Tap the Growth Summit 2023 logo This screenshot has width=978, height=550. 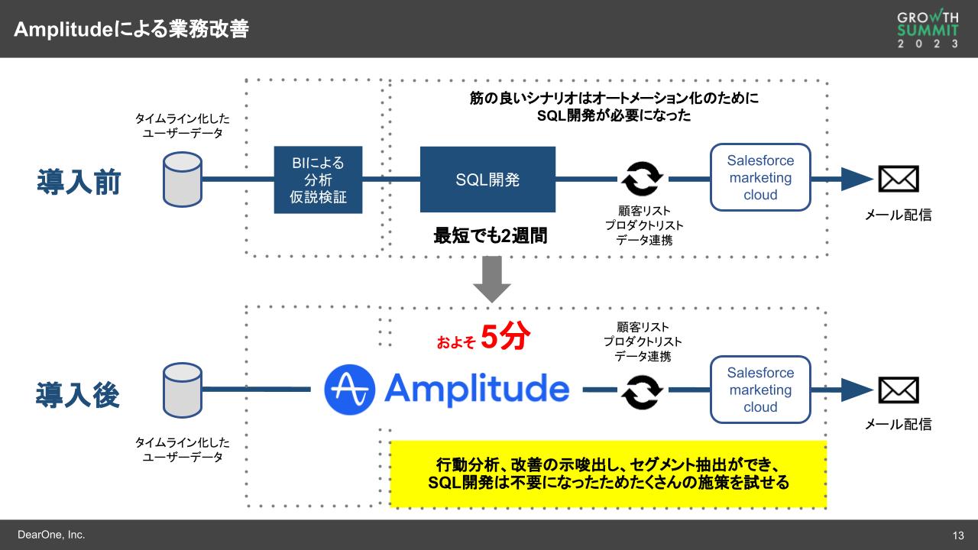pos(928,29)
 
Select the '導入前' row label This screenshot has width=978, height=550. pos(79,183)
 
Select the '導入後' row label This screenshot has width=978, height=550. pos(79,394)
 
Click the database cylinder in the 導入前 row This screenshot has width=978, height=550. pos(183,180)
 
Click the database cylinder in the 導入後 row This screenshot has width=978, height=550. pos(183,391)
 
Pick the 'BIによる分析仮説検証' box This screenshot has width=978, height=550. pos(318,180)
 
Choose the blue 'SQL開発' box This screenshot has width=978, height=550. pos(487,180)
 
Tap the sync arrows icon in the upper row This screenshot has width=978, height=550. pos(642,180)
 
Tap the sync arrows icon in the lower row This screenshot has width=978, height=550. pos(642,391)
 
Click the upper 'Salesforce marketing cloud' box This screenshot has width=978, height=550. pos(760,177)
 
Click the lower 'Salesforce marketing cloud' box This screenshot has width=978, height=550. pos(760,390)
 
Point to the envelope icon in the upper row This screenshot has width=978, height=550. pos(898,180)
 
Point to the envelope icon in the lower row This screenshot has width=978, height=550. pos(898,390)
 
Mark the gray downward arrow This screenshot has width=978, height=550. pos(491,280)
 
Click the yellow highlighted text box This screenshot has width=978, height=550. pos(608,474)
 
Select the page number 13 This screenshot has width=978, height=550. pos(958,535)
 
